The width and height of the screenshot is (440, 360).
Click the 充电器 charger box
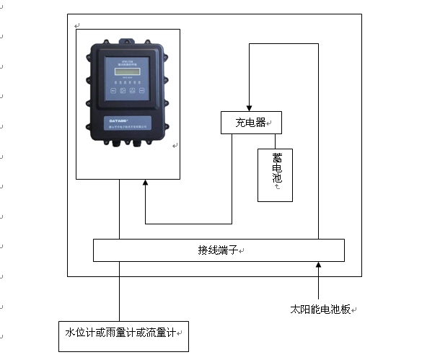(250, 123)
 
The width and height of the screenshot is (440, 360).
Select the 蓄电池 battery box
(275, 175)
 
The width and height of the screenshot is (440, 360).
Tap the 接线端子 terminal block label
(219, 250)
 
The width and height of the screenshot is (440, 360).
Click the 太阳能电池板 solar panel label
(320, 309)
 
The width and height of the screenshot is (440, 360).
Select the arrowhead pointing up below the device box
(145, 185)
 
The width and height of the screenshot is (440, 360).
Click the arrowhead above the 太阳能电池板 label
(317, 268)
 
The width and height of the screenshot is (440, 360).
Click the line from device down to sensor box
(120, 289)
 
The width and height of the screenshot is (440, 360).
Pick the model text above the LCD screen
(126, 63)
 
